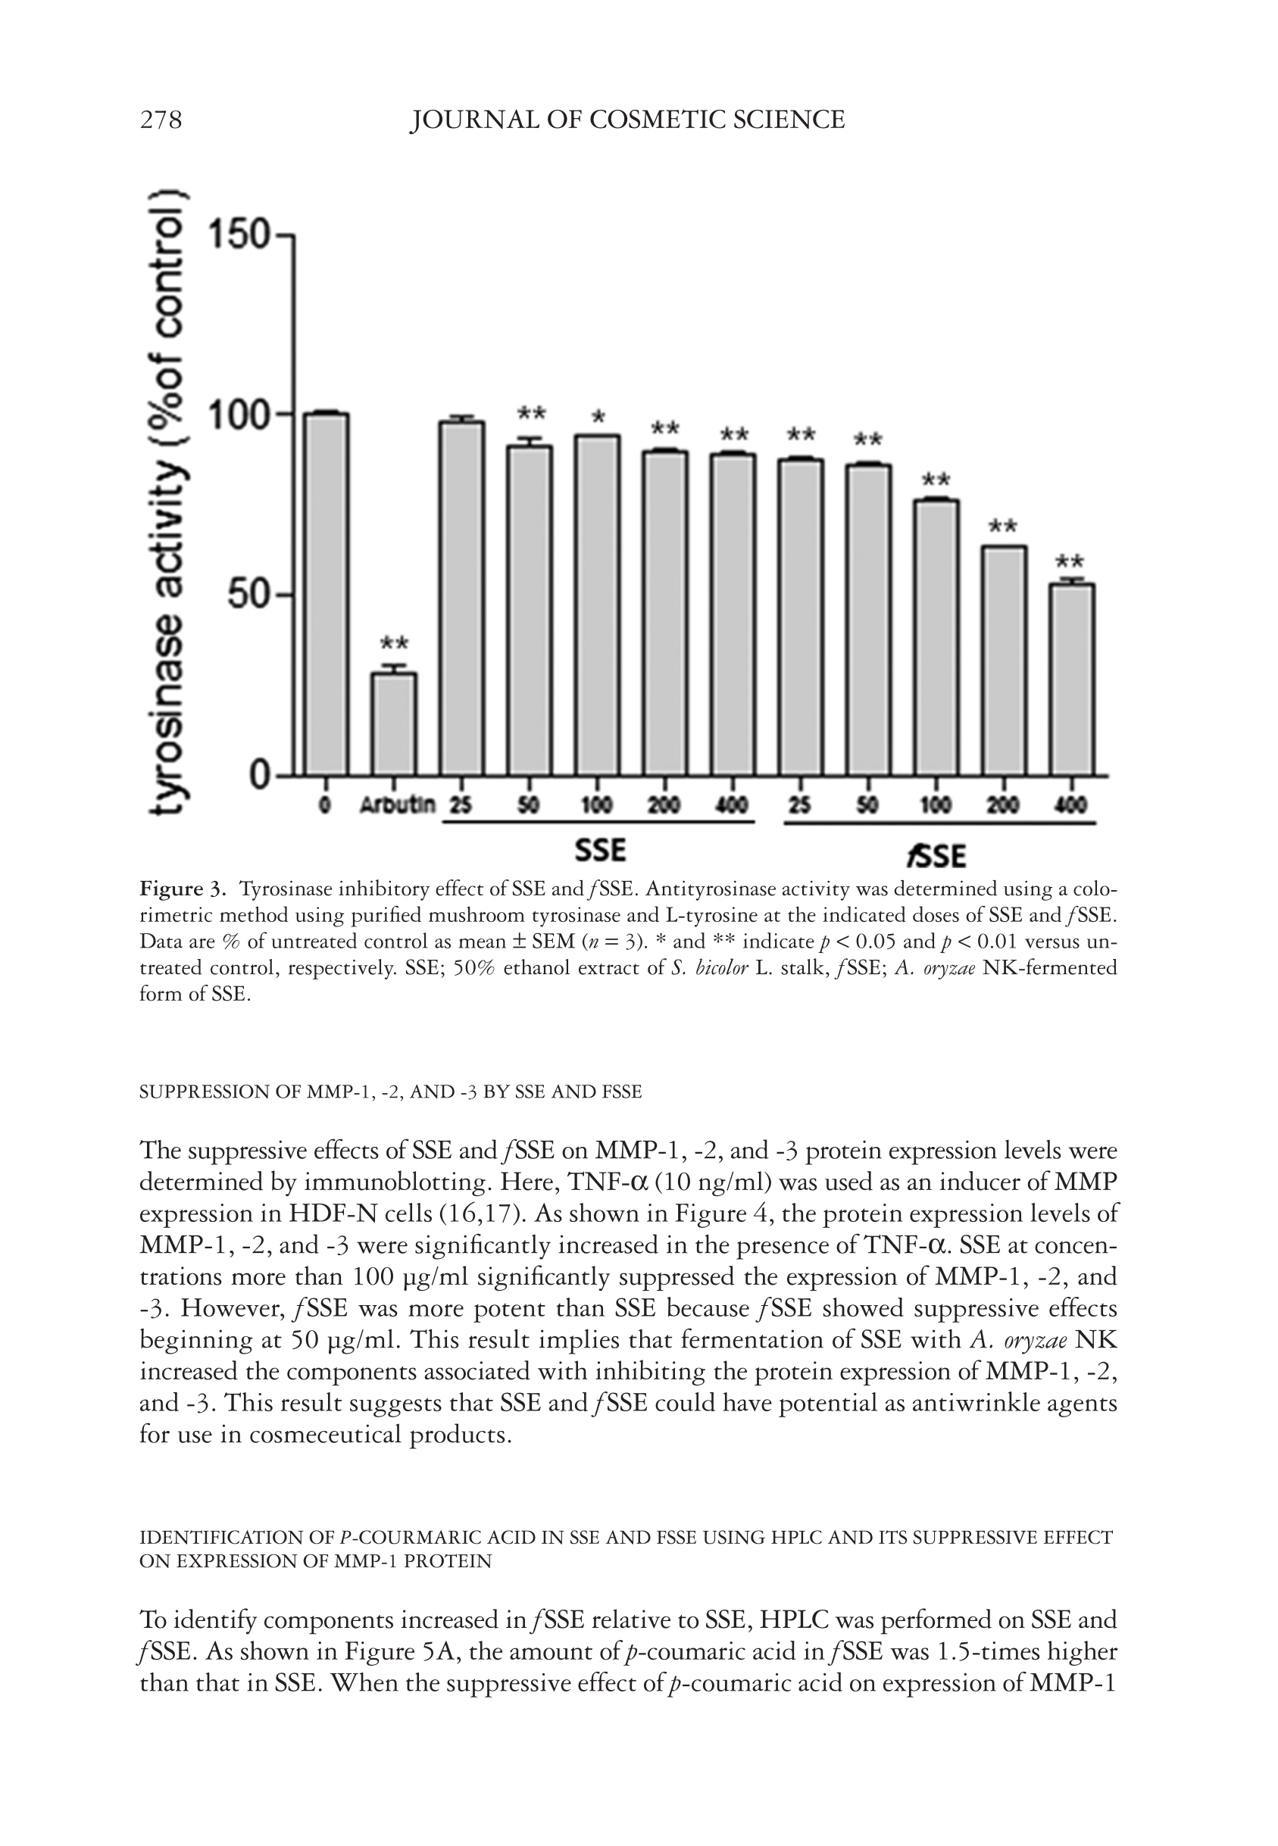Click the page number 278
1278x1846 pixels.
tap(161, 120)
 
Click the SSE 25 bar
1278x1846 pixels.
tap(462, 598)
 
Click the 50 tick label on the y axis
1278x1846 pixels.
tap(249, 595)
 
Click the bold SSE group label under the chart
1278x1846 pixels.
tap(600, 849)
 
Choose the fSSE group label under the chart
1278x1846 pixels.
tap(936, 856)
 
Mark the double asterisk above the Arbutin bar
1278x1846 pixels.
tap(394, 643)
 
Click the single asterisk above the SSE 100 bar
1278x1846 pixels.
tap(598, 418)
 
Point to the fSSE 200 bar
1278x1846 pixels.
tap(1005, 661)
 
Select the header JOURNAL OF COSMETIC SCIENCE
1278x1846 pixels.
tap(627, 120)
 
